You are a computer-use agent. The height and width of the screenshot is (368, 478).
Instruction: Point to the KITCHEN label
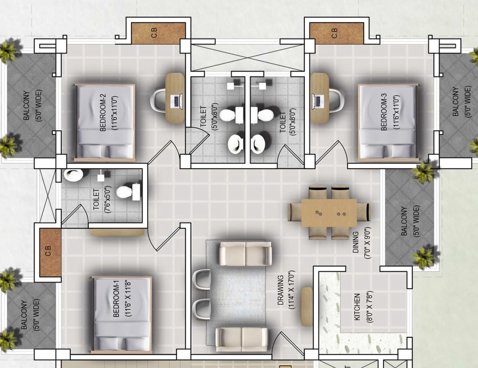coord(357,307)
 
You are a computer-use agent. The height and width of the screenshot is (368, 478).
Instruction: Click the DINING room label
coord(355,243)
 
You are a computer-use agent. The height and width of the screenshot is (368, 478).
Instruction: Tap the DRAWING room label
coord(281,290)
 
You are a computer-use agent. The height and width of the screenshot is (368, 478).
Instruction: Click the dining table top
coord(329,213)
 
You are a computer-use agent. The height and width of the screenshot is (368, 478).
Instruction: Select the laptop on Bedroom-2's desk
coord(176,101)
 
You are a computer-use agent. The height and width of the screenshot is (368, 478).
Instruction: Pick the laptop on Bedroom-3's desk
coord(317,101)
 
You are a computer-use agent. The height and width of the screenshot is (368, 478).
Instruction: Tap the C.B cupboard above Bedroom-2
coord(158,33)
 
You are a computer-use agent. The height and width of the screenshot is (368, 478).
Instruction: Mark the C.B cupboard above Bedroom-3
coord(337,33)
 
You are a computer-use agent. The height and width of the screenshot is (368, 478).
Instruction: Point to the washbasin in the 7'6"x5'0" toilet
coord(73,176)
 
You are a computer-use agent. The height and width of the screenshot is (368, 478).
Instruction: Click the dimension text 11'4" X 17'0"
coord(291,290)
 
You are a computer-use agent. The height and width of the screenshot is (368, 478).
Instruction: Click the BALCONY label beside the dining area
coord(404,221)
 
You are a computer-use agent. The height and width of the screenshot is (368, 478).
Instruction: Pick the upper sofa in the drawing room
coord(246,253)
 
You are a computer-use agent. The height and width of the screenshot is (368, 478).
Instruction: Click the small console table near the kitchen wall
coord(307,306)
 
